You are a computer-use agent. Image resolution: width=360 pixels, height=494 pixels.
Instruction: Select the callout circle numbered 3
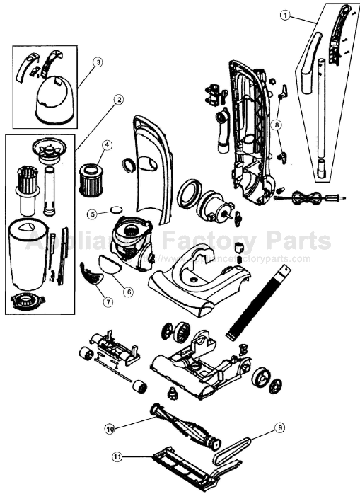click(98, 62)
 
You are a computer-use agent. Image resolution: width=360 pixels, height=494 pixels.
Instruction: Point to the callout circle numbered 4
click(105, 145)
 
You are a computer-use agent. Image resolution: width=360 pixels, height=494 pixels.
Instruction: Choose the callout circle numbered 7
click(108, 302)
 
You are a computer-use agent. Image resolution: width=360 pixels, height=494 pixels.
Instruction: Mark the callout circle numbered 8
click(277, 124)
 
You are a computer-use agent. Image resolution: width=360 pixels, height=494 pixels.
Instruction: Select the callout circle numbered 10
click(110, 428)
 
